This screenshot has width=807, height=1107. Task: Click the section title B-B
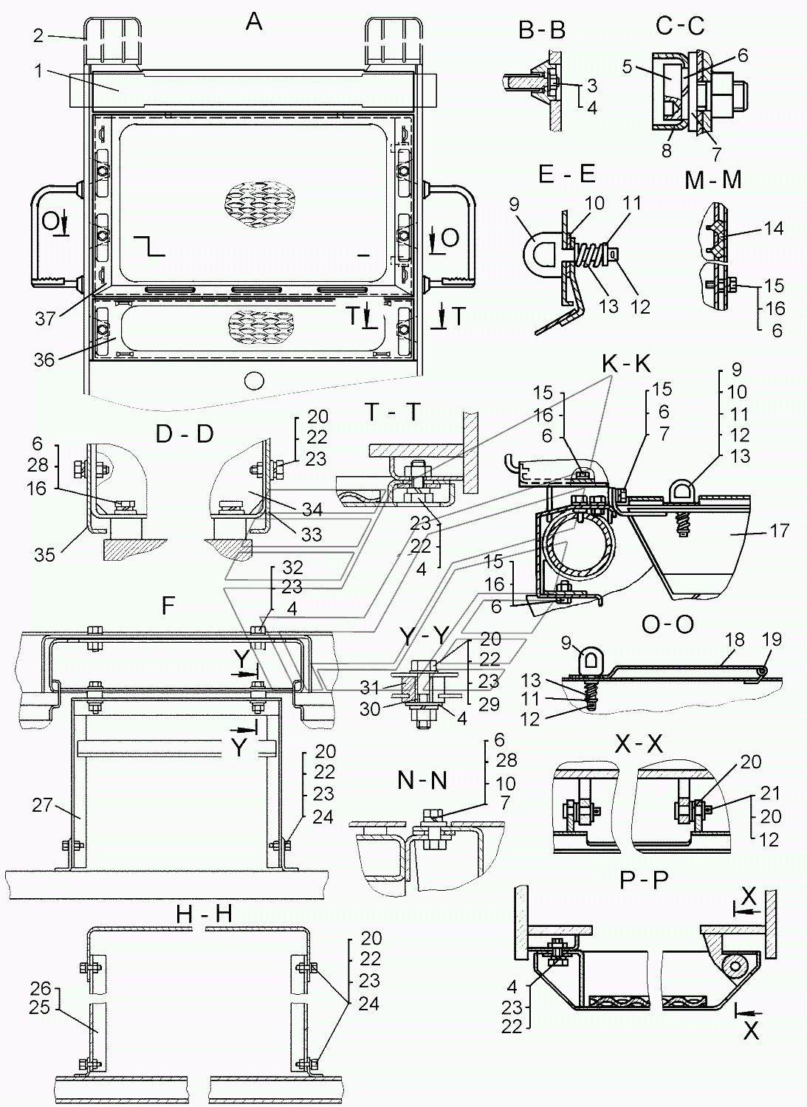(541, 31)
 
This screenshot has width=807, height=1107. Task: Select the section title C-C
(680, 26)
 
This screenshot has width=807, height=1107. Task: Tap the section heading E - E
(567, 174)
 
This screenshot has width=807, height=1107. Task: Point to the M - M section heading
(713, 180)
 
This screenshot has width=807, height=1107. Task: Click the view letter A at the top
(254, 22)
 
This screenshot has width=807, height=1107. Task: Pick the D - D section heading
(185, 434)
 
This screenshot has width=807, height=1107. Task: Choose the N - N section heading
(422, 780)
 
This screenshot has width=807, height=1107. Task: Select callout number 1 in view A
(38, 72)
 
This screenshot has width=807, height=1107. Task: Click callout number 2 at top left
(39, 35)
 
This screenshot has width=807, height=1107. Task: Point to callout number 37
(44, 318)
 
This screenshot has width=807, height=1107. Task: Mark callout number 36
(44, 359)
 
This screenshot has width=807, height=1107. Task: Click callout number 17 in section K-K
(779, 531)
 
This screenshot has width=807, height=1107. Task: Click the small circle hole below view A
(255, 381)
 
